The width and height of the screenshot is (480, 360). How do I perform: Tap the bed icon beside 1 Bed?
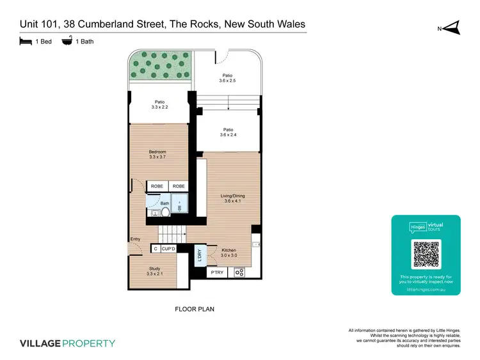(x=26, y=42)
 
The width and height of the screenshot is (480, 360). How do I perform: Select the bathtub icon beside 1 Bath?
(x=67, y=42)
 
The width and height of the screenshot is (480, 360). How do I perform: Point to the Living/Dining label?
(x=231, y=199)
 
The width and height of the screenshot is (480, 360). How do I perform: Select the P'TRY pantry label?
(x=216, y=273)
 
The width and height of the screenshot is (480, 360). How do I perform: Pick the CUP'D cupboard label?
(x=169, y=249)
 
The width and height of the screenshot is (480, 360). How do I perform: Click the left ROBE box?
(x=157, y=186)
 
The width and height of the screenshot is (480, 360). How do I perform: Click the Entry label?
(x=135, y=240)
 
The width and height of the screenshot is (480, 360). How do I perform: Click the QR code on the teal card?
(x=426, y=254)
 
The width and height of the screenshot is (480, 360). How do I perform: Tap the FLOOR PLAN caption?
(x=195, y=309)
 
